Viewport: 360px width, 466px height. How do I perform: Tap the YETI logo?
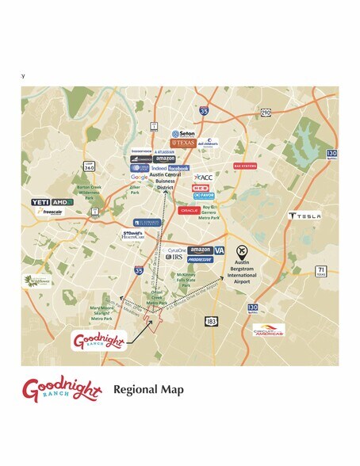41,202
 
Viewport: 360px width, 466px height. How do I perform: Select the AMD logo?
63,202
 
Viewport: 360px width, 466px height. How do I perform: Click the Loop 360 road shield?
90,167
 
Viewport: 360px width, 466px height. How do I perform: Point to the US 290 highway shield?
266,113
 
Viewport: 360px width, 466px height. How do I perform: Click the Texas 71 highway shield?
321,271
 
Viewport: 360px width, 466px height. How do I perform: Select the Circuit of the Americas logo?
269,330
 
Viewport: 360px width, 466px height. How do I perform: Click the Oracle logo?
189,210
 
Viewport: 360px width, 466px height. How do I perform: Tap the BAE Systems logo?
245,166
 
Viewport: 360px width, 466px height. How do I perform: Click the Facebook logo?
178,168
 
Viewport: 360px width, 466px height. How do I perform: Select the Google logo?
139,177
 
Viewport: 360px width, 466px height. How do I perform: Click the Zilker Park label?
135,190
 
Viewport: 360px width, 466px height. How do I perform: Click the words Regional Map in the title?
149,389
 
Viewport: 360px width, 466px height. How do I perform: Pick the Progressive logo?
200,259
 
